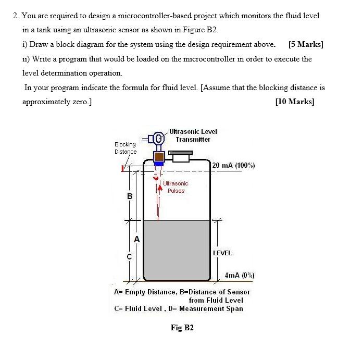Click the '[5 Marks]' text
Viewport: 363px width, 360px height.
305,44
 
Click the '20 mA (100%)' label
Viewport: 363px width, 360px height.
234,165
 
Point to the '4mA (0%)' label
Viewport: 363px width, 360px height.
239,275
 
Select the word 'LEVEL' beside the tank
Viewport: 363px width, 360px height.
222,253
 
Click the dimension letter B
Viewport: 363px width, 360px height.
130,196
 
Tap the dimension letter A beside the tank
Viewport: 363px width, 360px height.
137,239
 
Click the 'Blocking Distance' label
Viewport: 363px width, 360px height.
126,148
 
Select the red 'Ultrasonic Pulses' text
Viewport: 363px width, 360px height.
176,187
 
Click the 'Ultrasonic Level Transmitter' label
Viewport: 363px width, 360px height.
193,135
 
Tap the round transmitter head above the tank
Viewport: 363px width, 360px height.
159,138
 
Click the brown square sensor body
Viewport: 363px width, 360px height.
159,156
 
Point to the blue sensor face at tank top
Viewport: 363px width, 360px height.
159,164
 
